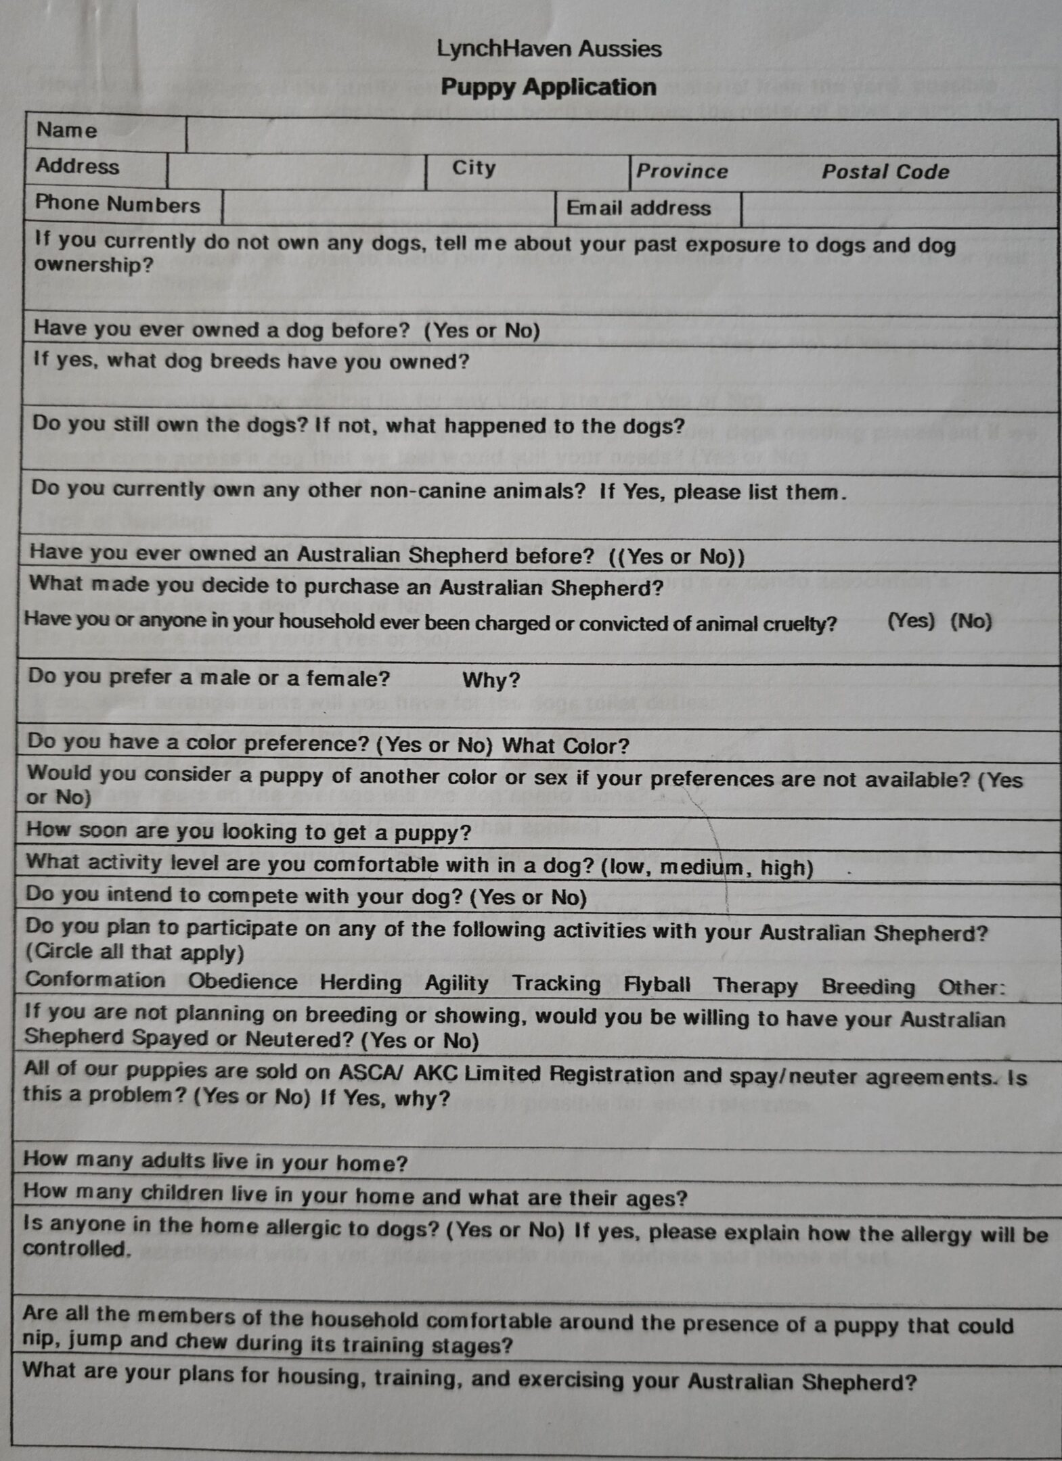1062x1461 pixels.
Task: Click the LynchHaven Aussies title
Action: click(x=549, y=49)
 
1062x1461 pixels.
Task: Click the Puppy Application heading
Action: click(x=548, y=87)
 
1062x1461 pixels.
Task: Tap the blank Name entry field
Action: click(x=621, y=135)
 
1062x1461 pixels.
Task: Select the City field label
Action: click(x=474, y=168)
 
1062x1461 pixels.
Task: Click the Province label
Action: click(x=682, y=171)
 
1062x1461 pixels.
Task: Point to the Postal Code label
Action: click(x=885, y=172)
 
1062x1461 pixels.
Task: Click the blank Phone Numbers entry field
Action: click(x=388, y=207)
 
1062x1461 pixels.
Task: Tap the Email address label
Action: click(x=638, y=208)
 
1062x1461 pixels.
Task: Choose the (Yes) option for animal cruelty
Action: click(x=910, y=621)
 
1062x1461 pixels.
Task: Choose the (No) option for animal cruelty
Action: click(x=971, y=622)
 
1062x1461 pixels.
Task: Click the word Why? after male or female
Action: click(x=491, y=680)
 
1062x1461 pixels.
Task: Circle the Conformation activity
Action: click(x=95, y=980)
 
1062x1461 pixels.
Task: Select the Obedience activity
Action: click(x=242, y=981)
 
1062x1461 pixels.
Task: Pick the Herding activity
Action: click(x=361, y=983)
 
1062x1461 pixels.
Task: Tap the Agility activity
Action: click(x=456, y=983)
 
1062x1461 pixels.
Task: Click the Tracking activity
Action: click(x=556, y=984)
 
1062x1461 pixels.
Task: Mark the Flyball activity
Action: click(x=657, y=985)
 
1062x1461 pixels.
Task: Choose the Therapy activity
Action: click(x=755, y=986)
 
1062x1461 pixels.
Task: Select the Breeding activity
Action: click(x=868, y=987)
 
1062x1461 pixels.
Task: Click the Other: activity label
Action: click(x=971, y=988)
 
